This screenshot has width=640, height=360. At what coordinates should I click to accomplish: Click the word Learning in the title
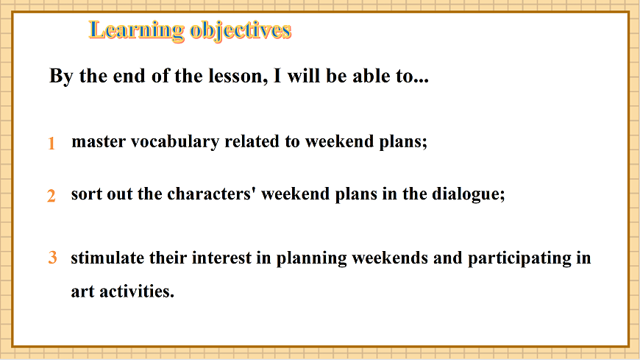tap(136, 31)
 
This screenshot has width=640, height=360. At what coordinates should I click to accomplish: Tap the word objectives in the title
tap(241, 31)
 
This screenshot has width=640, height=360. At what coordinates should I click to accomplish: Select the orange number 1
tap(51, 144)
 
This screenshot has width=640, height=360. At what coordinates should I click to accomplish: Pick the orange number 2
tap(51, 196)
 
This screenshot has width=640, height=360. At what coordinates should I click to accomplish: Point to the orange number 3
tap(53, 258)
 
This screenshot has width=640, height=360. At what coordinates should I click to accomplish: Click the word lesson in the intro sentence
tap(238, 77)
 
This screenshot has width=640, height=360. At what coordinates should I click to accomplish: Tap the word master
tap(99, 142)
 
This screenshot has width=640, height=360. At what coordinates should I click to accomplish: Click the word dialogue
tap(469, 194)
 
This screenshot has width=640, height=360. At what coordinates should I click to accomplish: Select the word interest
tap(221, 258)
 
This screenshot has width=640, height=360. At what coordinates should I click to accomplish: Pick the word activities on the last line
tap(137, 292)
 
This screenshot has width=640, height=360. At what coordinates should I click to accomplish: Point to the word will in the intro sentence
tap(304, 77)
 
